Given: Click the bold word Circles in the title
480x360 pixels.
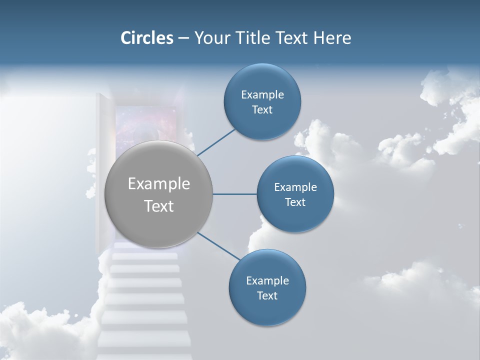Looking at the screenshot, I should [x=147, y=38].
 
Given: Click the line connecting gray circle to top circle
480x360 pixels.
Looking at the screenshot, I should [x=216, y=142].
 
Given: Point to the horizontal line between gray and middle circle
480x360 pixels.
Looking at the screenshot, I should [x=234, y=194].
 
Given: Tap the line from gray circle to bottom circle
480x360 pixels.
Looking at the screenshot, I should [x=219, y=246].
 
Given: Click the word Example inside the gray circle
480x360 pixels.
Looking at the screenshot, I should [x=158, y=184].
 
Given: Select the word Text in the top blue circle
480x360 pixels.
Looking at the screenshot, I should [x=262, y=110].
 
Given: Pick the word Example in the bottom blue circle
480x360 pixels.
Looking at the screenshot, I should [x=267, y=280].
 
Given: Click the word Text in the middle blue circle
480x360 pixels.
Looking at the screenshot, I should [x=295, y=202].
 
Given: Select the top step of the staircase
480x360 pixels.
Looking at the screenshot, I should [x=145, y=256].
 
